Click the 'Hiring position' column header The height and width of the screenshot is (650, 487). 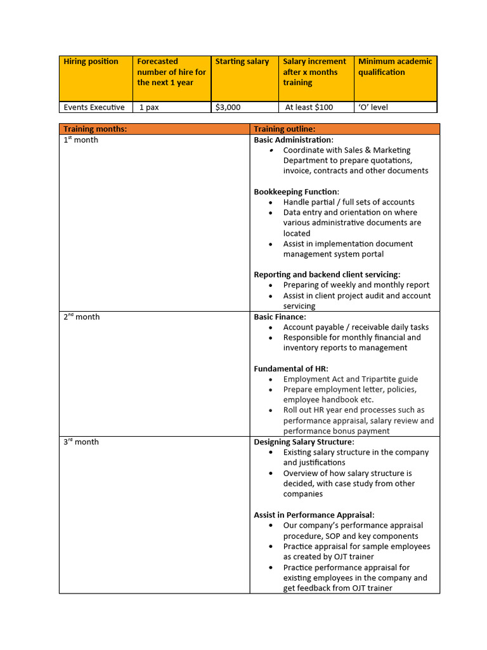(91, 62)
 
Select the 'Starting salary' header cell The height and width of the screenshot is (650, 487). (242, 62)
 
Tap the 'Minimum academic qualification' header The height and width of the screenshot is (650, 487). (395, 67)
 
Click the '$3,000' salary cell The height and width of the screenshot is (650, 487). (228, 107)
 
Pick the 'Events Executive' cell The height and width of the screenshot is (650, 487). (94, 107)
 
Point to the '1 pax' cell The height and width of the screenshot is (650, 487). (149, 107)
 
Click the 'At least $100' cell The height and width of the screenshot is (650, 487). (309, 107)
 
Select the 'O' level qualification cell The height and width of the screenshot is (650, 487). (373, 107)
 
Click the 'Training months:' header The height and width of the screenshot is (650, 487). (95, 129)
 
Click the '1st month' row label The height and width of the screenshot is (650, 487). (81, 140)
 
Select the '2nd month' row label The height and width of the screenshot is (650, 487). (81, 317)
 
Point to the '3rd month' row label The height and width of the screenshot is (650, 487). (81, 442)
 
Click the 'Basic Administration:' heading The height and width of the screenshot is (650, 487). (294, 140)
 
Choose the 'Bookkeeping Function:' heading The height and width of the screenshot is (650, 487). (296, 192)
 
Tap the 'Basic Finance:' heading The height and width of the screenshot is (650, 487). (280, 317)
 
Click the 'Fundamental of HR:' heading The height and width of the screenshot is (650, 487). (291, 369)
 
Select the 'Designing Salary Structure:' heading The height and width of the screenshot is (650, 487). (304, 442)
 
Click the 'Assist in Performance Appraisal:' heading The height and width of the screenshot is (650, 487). (314, 515)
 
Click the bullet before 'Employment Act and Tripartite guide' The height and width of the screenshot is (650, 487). (271, 380)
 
